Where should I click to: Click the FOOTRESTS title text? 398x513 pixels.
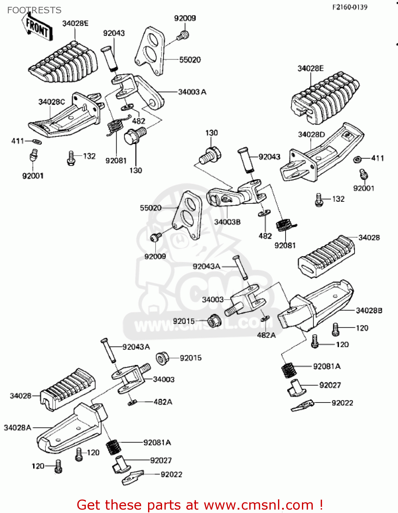34,10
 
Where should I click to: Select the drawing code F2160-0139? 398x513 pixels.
349,7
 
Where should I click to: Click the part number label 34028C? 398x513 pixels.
51,102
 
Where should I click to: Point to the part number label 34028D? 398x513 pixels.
311,134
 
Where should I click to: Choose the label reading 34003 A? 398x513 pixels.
192,92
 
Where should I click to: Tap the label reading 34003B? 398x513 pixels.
227,222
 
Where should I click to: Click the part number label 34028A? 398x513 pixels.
17,428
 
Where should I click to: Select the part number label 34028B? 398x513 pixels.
369,311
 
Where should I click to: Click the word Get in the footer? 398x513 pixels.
90,505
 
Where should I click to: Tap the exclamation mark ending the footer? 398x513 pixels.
321,505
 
